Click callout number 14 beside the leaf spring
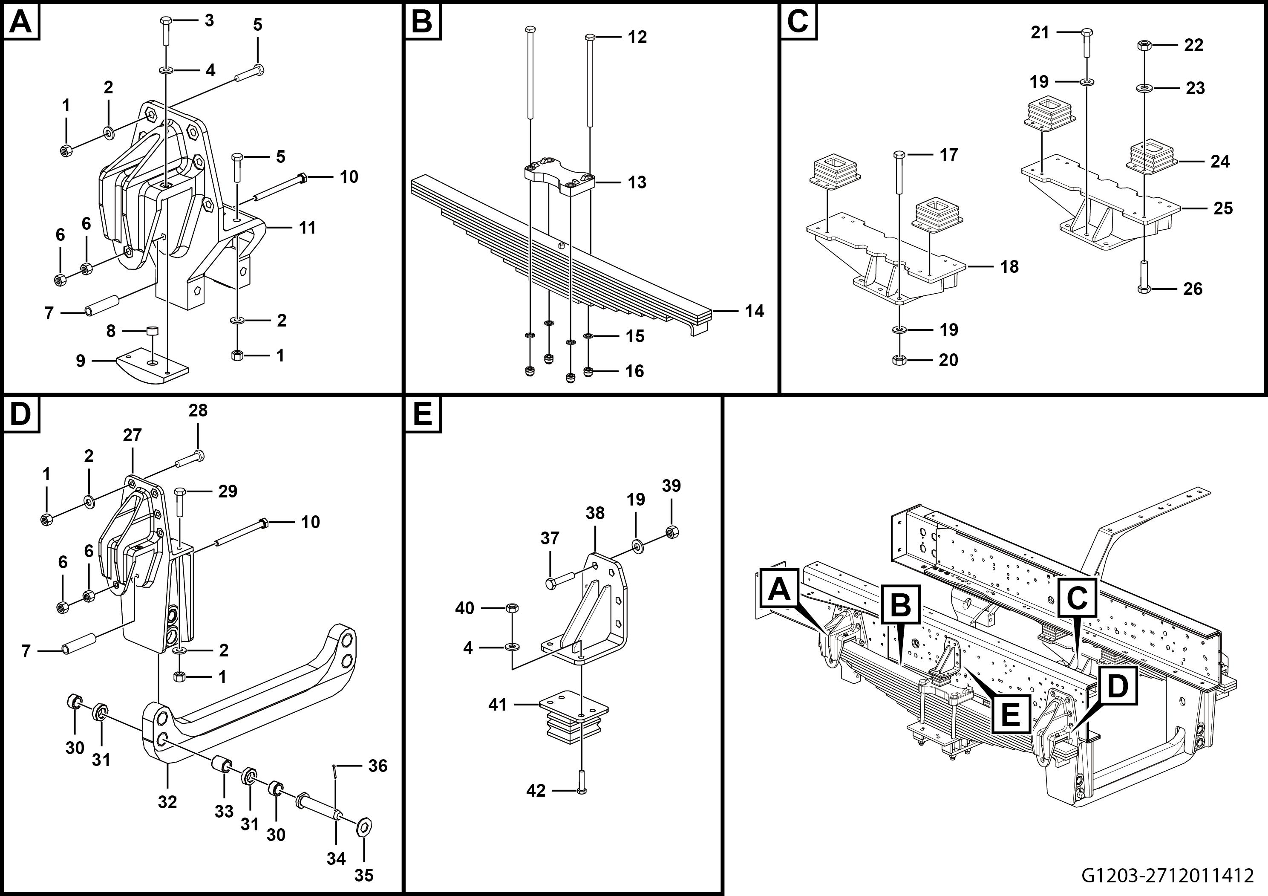click(755, 311)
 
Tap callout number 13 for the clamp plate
click(637, 182)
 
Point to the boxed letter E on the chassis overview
click(1010, 714)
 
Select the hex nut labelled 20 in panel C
click(899, 360)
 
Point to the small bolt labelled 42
click(581, 790)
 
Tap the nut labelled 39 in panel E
click(672, 532)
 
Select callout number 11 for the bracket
click(307, 227)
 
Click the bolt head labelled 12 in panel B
click(589, 37)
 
